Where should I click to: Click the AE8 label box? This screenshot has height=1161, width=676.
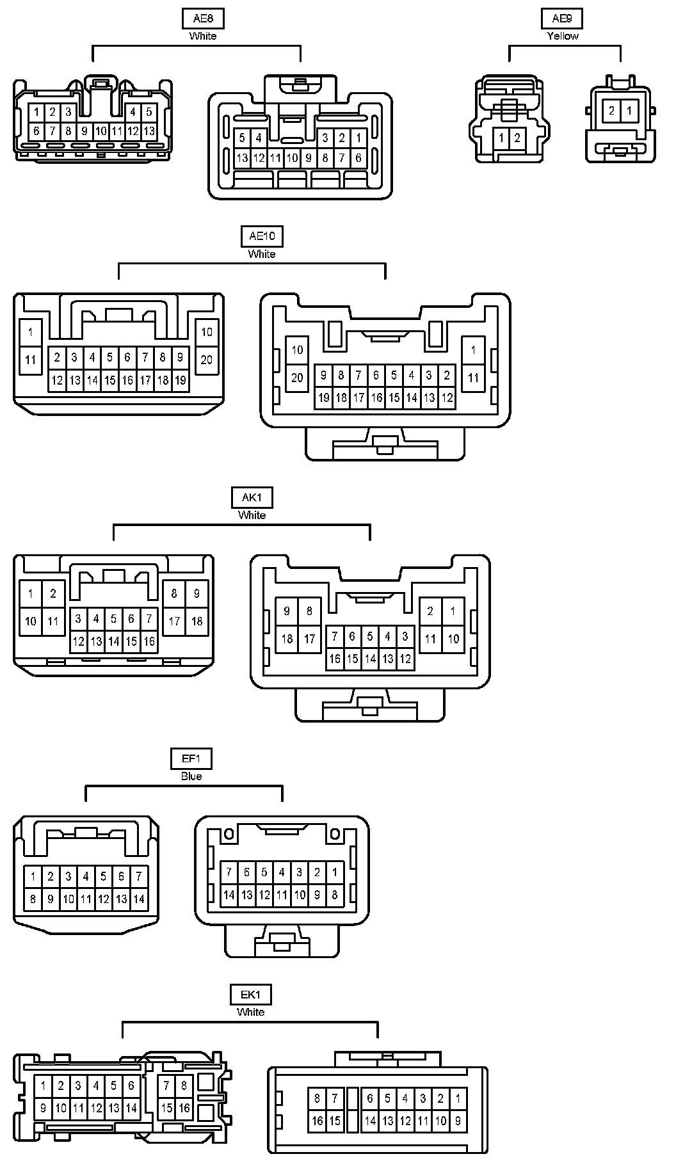coord(203,19)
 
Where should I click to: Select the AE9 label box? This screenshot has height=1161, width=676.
coord(562,19)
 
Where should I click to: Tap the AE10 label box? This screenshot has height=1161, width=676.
coord(261,236)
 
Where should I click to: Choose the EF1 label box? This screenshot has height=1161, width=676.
coord(191,759)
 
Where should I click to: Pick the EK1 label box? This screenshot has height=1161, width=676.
coord(250,995)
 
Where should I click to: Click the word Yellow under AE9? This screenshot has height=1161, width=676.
coord(563,36)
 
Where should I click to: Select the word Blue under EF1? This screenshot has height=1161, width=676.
coord(191,776)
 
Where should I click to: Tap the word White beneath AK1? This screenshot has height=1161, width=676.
coord(252,515)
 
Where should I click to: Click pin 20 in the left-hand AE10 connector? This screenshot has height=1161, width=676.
coord(206,360)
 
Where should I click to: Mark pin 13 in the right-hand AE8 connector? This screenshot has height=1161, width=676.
coord(242,158)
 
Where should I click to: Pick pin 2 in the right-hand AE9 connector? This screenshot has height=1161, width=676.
coord(612,111)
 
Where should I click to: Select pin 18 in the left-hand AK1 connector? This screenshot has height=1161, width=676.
coord(197,621)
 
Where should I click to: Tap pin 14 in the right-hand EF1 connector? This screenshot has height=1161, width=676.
coord(229,895)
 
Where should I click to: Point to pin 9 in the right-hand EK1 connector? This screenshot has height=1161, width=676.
coord(458,1121)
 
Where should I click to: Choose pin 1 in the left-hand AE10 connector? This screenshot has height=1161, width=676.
coord(31,332)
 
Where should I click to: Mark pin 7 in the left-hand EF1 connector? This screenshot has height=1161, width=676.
coord(139,876)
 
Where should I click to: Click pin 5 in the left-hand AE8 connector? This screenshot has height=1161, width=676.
coord(149,112)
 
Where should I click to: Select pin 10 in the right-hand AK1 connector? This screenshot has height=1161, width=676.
coord(453,639)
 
